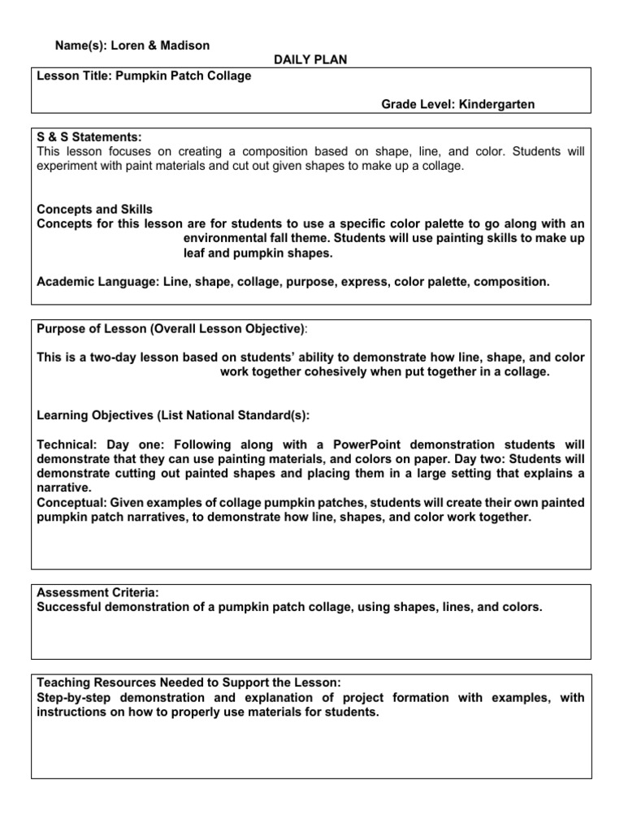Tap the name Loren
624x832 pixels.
127,46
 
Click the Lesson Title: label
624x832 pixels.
76,76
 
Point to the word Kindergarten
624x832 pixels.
497,105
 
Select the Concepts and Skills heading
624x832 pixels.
95,210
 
